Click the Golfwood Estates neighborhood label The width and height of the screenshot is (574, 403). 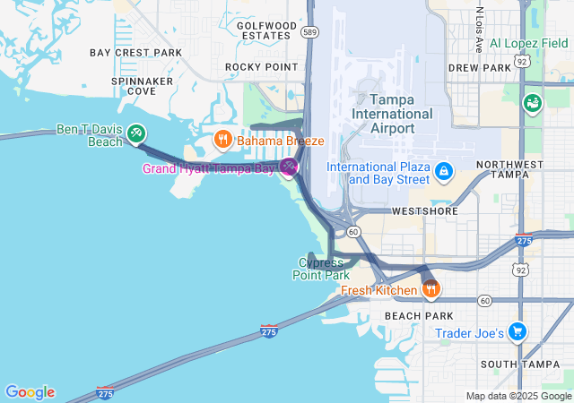tap(266, 30)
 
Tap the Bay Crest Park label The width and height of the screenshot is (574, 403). tap(135, 53)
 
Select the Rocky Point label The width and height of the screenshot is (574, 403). tap(261, 67)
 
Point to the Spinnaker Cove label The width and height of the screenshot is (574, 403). tap(142, 86)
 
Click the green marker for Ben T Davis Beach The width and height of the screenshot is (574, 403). tap(136, 133)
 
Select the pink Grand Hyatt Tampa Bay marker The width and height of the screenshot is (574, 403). tap(288, 167)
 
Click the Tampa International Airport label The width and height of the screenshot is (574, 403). tap(392, 114)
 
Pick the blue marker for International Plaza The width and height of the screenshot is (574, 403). tap(442, 170)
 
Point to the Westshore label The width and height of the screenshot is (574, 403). tap(424, 212)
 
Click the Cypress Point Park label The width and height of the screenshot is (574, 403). tap(320, 269)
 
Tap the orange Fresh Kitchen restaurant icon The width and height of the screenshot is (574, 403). tap(431, 288)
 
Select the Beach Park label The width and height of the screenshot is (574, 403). tap(413, 316)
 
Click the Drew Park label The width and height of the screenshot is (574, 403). tap(479, 67)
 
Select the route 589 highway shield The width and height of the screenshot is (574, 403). tap(309, 32)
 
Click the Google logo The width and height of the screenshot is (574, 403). tap(30, 392)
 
